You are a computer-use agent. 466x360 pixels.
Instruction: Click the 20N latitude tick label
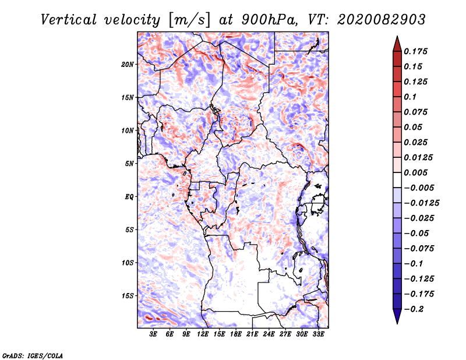(x=128, y=64)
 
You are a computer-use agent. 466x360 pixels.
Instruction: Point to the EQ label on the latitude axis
(x=129, y=197)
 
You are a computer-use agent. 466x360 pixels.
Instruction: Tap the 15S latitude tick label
(x=128, y=296)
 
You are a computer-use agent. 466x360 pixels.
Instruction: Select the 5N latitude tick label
(x=129, y=164)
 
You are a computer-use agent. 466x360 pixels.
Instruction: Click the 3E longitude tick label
(x=154, y=334)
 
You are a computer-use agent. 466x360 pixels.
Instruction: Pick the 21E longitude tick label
(x=252, y=334)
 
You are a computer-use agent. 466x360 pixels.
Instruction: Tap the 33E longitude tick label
(x=318, y=334)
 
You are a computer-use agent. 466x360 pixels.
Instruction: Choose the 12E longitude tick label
(x=203, y=334)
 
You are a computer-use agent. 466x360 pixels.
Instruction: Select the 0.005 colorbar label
(x=416, y=172)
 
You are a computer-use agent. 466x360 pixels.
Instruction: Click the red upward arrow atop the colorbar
(x=397, y=43)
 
